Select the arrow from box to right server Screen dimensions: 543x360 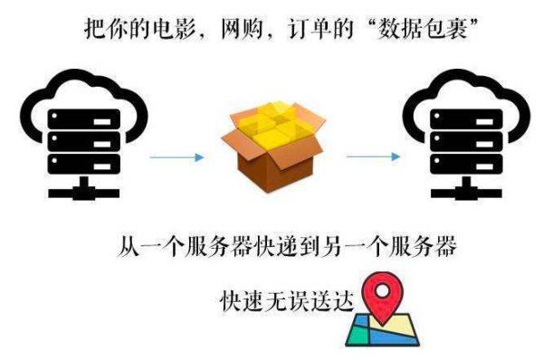[x=371, y=157]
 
